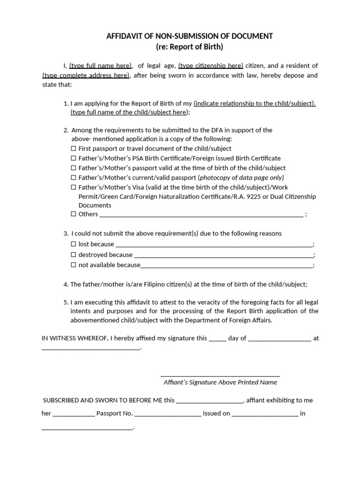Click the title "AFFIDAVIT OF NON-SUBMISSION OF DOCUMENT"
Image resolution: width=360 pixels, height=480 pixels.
[x=190, y=36]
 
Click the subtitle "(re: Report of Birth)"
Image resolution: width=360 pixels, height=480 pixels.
[x=190, y=46]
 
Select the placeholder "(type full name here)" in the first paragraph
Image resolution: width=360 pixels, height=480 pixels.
[x=101, y=66]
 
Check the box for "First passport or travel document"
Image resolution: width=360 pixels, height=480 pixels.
[x=73, y=149]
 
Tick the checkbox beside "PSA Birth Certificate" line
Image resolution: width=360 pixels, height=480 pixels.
[x=73, y=158]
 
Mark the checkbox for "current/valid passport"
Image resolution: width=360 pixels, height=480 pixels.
[x=73, y=178]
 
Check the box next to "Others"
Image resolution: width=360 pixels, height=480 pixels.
[x=73, y=214]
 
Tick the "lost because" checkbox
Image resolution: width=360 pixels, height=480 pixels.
[x=73, y=244]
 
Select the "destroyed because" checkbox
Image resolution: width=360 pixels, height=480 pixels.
[x=73, y=255]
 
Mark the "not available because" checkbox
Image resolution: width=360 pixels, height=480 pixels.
[x=73, y=265]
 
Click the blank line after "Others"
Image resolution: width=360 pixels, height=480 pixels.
[x=202, y=215]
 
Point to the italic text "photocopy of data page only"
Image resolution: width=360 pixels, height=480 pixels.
[x=241, y=178]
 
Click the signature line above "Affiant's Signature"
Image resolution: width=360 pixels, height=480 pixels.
[x=220, y=375]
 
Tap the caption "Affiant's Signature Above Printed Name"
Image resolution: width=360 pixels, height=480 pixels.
[x=220, y=382]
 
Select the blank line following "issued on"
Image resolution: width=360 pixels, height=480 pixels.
[x=264, y=415]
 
